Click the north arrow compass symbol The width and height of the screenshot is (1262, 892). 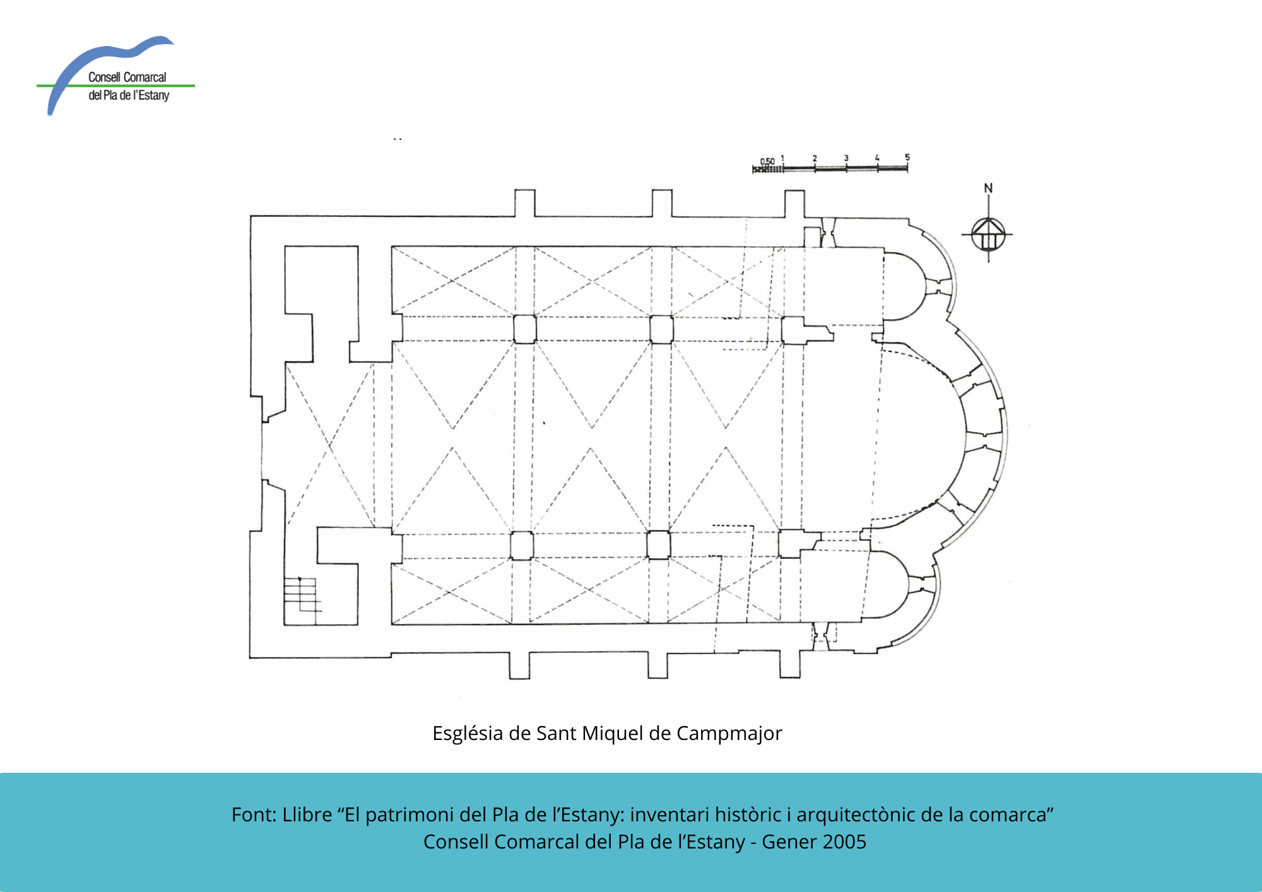pos(988,234)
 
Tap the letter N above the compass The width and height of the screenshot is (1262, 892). pos(988,188)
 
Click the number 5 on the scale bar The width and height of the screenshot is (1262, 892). pos(907,157)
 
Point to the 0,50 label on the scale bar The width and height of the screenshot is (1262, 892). pos(767,161)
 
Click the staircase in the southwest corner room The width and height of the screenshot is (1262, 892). pos(302,594)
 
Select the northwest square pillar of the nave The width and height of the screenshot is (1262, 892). pos(525,329)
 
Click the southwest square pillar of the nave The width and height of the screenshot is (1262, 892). pos(522,546)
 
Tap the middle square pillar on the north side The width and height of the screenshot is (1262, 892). pos(661,329)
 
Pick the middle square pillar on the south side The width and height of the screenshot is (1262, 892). pos(659,545)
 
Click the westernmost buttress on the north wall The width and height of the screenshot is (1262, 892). pos(525,202)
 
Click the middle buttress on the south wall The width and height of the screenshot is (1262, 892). pos(658,665)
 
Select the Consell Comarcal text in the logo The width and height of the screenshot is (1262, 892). pos(127,77)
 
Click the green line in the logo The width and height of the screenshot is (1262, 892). pos(115,85)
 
